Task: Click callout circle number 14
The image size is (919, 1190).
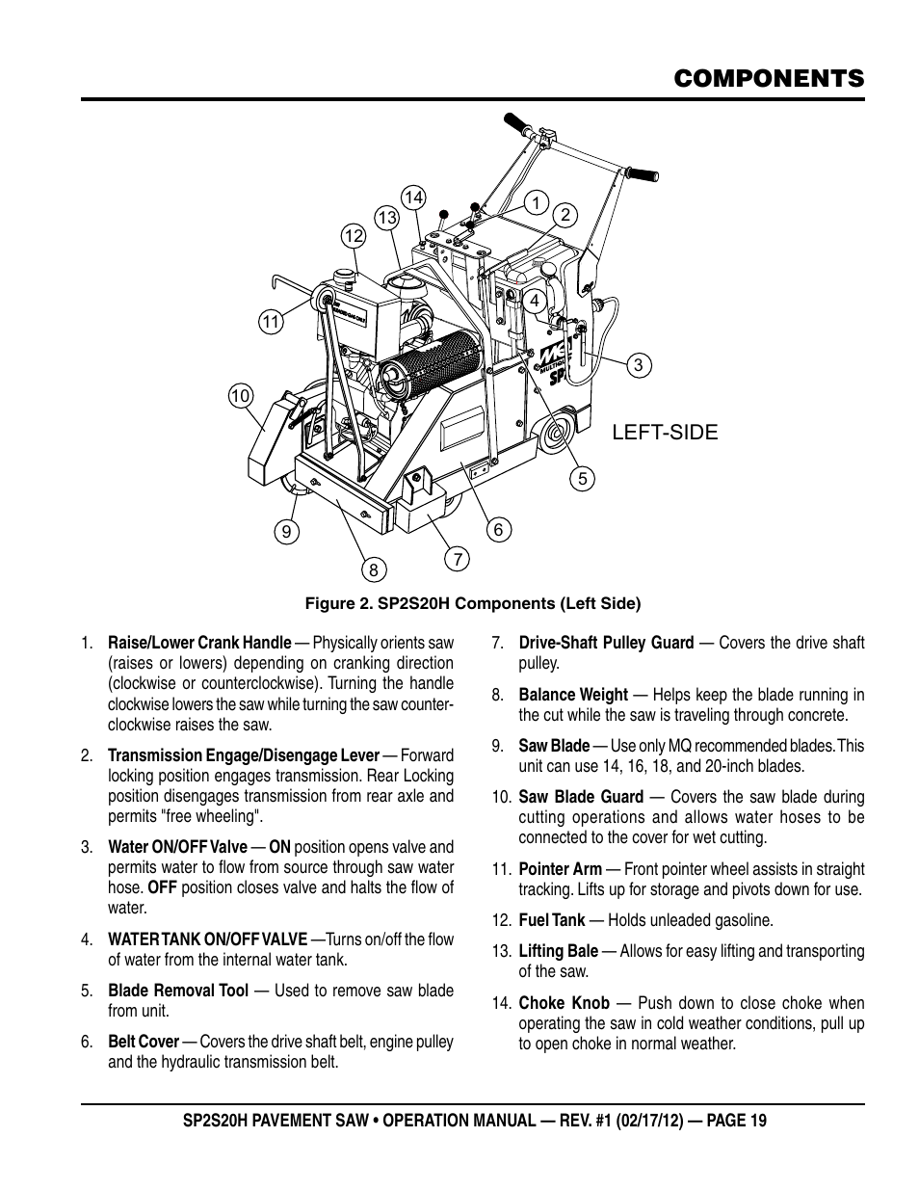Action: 413,198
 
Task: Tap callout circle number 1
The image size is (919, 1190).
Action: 537,203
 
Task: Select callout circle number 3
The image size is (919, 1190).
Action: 639,365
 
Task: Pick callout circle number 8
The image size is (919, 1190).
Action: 374,570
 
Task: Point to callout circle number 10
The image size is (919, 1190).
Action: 240,396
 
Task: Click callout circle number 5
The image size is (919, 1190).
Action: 583,479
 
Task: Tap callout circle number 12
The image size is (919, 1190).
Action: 354,236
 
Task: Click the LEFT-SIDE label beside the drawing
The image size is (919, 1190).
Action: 665,432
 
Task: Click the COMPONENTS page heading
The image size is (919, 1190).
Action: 769,79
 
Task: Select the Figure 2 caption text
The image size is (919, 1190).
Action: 473,603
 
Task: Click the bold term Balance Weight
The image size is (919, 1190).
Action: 573,695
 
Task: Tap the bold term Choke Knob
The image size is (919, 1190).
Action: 564,1003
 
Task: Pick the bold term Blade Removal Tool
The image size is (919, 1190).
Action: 178,991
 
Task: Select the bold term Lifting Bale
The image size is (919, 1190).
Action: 559,951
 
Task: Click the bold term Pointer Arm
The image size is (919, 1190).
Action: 561,868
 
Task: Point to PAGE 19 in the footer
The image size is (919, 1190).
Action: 736,1121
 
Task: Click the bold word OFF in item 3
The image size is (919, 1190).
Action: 163,887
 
